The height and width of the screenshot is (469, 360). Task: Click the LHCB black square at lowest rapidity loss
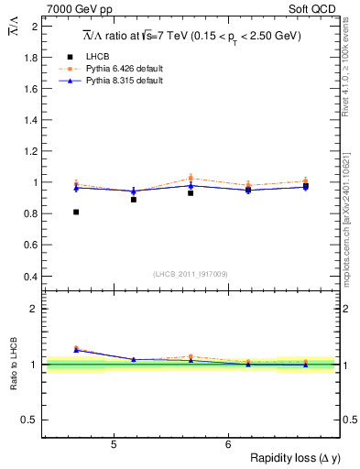tap(76, 212)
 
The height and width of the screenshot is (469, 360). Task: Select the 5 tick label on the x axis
tap(113, 445)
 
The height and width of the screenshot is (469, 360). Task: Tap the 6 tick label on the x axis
tap(227, 445)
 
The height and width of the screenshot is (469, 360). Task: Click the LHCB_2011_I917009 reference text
tap(190, 274)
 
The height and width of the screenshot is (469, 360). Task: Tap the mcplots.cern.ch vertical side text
tap(352, 209)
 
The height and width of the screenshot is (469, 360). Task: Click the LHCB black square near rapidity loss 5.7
tap(191, 193)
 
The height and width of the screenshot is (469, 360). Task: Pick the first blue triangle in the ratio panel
tap(76, 349)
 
